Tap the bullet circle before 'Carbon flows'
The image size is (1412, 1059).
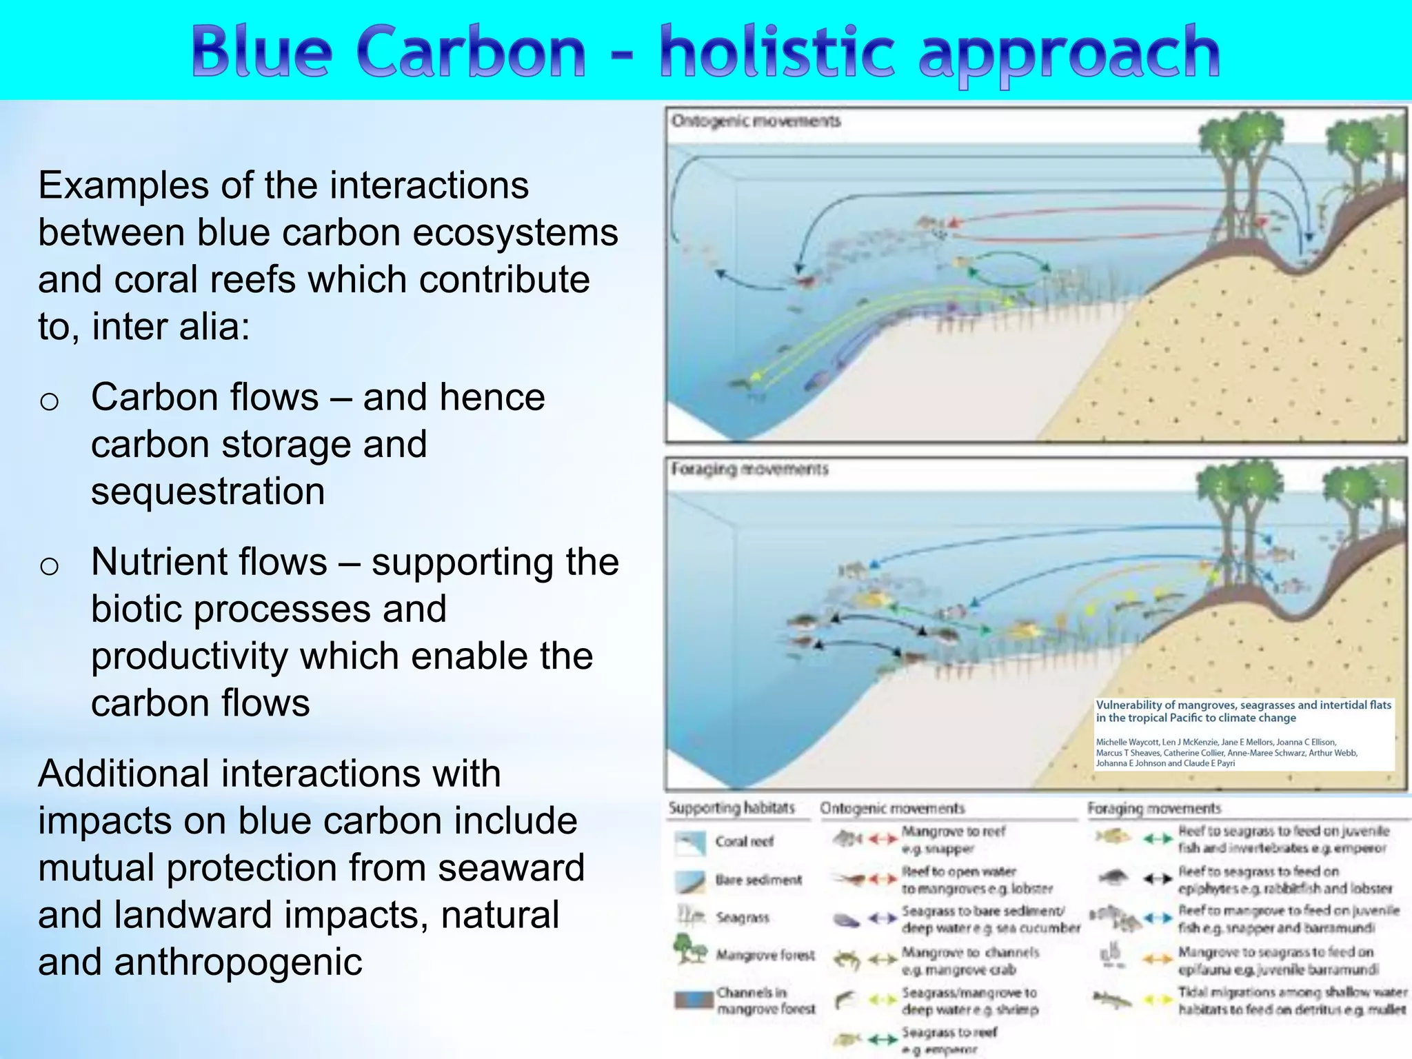pos(49,401)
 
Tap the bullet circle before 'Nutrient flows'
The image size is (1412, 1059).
pos(49,565)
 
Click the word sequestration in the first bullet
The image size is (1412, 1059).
pos(208,491)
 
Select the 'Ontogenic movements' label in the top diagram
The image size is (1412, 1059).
pos(756,121)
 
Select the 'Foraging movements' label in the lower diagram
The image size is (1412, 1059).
pos(749,469)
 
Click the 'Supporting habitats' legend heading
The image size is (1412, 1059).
pos(732,807)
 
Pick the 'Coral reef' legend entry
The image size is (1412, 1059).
pos(744,841)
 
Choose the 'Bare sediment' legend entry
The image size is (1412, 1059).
pos(758,880)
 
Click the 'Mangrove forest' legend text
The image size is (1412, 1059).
pos(765,955)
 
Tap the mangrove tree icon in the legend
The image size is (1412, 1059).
pos(689,949)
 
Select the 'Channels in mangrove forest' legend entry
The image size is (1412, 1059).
pos(765,1000)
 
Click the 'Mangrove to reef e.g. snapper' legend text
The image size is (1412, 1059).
pos(954,840)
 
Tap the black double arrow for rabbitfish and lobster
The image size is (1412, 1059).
pos(1158,878)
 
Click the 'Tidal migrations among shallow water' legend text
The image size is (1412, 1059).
pos(1292,992)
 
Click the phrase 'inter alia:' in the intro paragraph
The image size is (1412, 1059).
pos(170,327)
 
